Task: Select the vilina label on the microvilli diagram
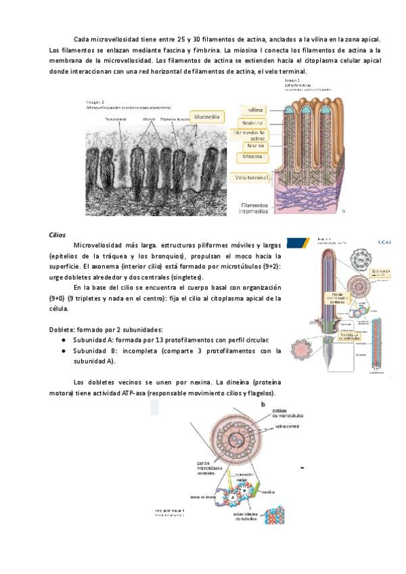255,109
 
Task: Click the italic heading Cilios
58,234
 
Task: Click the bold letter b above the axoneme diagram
263,404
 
